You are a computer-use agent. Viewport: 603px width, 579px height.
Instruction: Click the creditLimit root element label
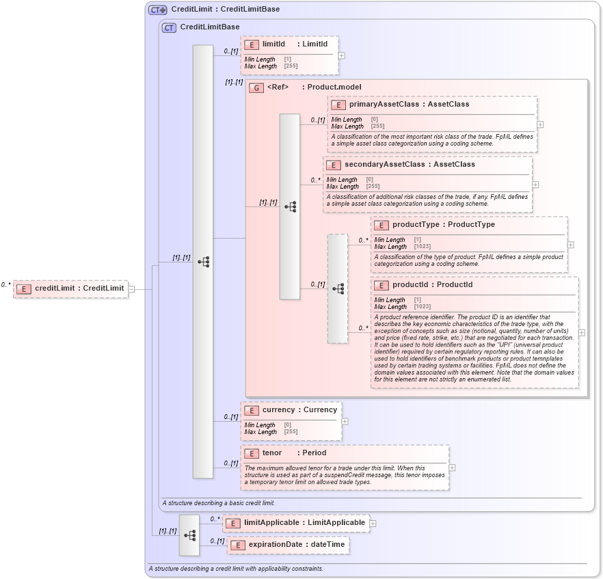[79, 288]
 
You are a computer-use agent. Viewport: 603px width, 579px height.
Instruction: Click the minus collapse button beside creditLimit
[132, 288]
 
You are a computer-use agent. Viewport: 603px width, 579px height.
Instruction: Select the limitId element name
[273, 44]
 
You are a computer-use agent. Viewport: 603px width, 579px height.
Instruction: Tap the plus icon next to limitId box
[342, 56]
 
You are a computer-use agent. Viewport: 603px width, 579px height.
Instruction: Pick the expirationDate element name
[297, 544]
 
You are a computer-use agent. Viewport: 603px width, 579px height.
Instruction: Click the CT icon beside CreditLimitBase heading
[169, 27]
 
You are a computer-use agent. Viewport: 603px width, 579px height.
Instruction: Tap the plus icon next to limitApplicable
[373, 524]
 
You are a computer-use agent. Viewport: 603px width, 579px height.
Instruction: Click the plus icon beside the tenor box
[452, 468]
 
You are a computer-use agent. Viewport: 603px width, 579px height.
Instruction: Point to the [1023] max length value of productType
[423, 246]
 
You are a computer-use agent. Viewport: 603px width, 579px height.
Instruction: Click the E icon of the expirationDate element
[237, 545]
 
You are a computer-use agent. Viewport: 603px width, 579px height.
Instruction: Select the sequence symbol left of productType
[338, 288]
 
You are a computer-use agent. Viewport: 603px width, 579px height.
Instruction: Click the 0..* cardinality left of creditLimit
[6, 285]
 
